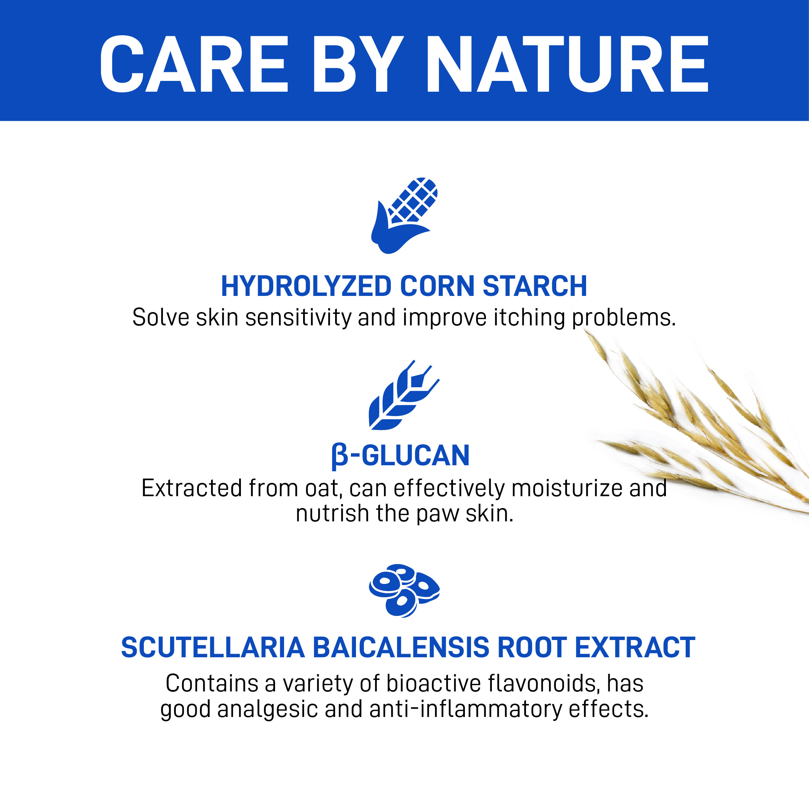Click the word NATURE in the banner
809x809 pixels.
(x=567, y=64)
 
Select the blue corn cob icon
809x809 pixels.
(x=404, y=216)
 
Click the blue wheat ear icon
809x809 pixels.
(x=404, y=395)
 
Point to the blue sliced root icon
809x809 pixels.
(x=404, y=590)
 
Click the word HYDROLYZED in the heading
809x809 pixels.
(x=306, y=287)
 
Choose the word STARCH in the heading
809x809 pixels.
(x=535, y=287)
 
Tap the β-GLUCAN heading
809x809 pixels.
(x=400, y=456)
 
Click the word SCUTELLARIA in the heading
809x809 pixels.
(x=213, y=647)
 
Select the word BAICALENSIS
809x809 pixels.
(x=401, y=647)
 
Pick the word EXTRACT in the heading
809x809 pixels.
(x=635, y=647)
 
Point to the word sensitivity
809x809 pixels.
(x=298, y=317)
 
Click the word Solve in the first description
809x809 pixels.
(x=161, y=317)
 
